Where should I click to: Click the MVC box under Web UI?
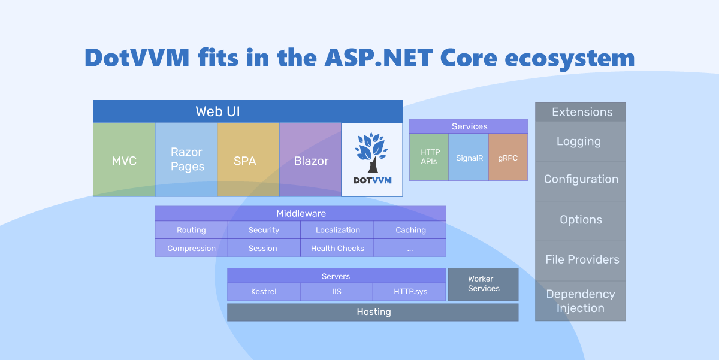124,160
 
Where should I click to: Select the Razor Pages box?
187,160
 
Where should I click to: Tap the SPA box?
248,160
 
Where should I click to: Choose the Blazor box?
310,160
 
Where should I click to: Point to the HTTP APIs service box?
429,157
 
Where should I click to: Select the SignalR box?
469,157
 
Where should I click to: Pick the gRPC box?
508,157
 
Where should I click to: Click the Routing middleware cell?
191,230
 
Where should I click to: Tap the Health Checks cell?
337,248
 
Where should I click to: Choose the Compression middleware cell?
191,248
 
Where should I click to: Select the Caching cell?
410,230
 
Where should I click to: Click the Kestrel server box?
264,292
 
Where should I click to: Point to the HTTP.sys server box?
410,292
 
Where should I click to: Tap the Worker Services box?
484,284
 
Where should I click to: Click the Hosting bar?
373,312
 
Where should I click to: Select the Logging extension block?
580,141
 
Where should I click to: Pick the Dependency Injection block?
580,301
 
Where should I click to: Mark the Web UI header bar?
247,111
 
